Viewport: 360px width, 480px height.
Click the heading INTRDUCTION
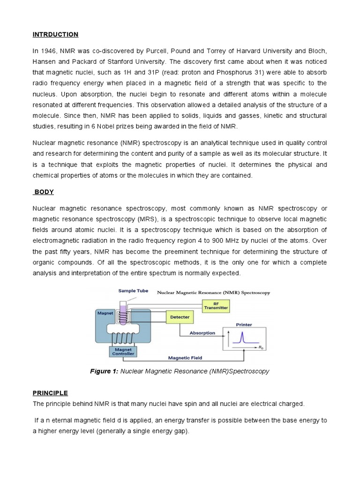click(55, 35)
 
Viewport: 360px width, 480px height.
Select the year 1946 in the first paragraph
click(48, 51)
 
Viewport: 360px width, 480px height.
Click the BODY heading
click(44, 192)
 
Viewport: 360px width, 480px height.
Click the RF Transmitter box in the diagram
click(216, 306)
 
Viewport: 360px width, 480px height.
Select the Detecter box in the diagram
click(180, 317)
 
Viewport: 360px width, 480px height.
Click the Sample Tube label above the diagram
click(133, 291)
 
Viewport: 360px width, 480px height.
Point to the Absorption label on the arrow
click(202, 333)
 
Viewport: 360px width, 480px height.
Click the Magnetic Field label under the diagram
click(186, 358)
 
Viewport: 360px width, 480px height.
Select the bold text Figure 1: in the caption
click(104, 371)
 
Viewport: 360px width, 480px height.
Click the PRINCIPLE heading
click(50, 393)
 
